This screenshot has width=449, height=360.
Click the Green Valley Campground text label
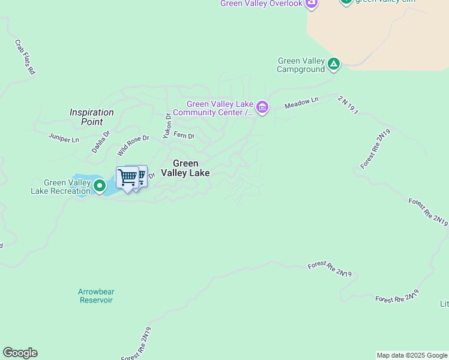tap(301, 65)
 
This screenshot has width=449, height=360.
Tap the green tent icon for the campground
tap(334, 63)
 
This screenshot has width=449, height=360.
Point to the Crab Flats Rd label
tap(25, 57)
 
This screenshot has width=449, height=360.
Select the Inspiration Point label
tap(91, 116)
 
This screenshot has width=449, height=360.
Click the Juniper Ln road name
tap(64, 138)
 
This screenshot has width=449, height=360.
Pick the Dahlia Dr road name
tap(101, 142)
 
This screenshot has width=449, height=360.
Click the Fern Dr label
tap(184, 136)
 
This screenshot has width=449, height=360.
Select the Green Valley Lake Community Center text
tap(213, 108)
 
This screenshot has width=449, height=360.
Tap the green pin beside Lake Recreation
tap(99, 187)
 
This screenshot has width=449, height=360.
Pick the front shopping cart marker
tap(127, 178)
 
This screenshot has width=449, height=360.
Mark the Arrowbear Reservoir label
tap(96, 296)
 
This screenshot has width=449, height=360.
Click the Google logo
tap(20, 353)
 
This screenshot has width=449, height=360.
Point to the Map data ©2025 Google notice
tap(412, 355)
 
